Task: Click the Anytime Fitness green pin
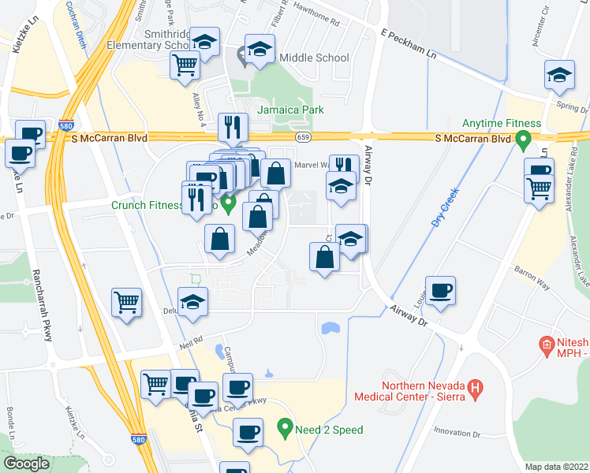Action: [521, 142]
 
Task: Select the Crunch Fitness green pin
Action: [229, 206]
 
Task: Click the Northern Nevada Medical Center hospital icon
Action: [475, 388]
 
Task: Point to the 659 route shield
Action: [303, 137]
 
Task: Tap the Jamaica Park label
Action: [292, 109]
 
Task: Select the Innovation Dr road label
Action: [456, 433]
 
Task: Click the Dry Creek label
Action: [445, 210]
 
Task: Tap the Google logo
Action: [26, 463]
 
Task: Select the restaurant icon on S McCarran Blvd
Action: [233, 126]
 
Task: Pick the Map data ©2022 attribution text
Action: [557, 466]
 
